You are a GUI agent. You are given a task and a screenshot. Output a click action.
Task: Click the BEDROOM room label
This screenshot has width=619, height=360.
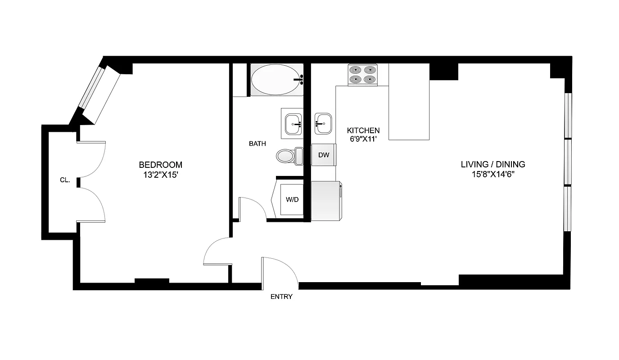[x=160, y=165]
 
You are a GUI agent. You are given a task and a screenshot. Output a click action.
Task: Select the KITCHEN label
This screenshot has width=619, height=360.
[x=363, y=130]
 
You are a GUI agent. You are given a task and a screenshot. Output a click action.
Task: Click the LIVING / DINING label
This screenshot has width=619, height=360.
[x=493, y=165]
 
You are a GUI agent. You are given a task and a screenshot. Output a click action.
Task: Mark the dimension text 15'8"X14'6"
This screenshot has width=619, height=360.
[x=493, y=175]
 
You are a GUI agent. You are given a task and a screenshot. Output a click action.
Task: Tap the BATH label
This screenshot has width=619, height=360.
[x=257, y=144]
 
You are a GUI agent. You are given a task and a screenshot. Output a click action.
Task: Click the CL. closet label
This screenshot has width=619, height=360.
[x=65, y=180]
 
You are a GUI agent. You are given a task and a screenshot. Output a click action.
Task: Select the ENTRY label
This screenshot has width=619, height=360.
[x=281, y=297]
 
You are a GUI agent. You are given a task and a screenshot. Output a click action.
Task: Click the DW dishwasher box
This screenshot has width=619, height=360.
[x=324, y=155]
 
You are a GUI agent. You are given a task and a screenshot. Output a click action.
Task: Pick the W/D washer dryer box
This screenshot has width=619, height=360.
[x=292, y=199]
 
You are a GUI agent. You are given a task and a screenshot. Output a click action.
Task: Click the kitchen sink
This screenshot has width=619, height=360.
[x=323, y=123]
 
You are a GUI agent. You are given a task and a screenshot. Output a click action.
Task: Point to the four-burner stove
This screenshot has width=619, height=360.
[x=362, y=75]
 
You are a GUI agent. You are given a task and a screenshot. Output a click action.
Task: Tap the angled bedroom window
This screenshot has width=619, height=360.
[x=99, y=93]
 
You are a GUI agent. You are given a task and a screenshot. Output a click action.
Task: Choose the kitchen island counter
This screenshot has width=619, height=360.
[x=409, y=102]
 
